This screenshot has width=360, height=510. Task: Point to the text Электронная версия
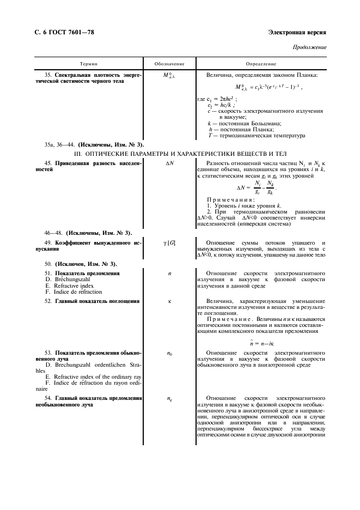(298, 33)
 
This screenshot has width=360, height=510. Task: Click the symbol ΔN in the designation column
(169, 163)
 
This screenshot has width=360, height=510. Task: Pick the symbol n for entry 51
(169, 273)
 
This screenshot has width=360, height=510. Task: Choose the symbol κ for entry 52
(169, 301)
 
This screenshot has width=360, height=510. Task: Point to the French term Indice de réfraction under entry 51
(73, 292)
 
